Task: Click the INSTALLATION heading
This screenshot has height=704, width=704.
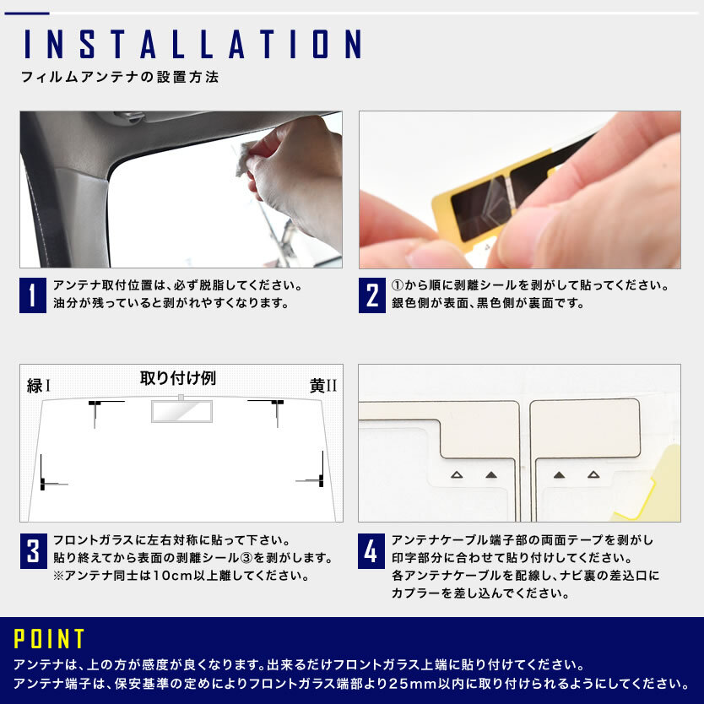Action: click(193, 44)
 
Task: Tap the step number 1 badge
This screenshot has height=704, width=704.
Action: click(33, 295)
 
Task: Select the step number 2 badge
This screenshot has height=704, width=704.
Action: click(371, 295)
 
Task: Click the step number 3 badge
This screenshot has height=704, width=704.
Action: click(33, 551)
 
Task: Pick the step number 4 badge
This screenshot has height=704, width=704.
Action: click(371, 551)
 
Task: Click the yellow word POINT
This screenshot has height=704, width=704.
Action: click(49, 638)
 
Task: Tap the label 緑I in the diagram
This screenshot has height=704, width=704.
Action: click(39, 386)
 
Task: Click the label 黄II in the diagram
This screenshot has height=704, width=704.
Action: click(322, 386)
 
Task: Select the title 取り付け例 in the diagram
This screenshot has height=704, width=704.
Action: click(178, 378)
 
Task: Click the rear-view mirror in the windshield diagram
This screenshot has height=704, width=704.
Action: click(181, 411)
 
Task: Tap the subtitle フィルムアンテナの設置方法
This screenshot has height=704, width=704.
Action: click(120, 77)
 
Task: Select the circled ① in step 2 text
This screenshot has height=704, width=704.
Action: click(398, 285)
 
